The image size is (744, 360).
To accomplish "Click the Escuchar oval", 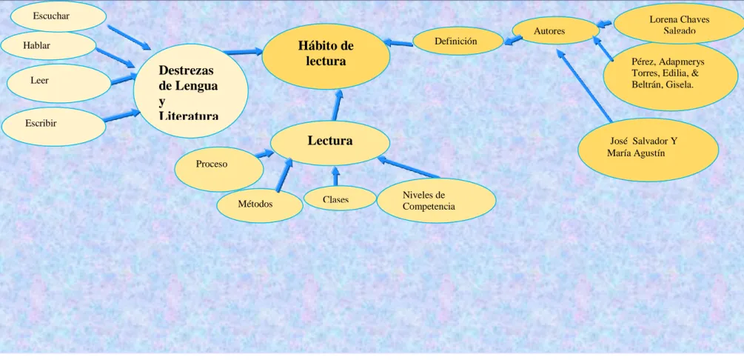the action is click(58, 16).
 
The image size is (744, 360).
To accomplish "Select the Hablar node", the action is click(48, 46).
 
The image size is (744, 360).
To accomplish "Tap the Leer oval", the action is click(56, 83).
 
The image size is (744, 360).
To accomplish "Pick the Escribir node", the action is click(53, 127).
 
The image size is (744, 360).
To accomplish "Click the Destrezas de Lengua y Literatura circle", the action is click(191, 90).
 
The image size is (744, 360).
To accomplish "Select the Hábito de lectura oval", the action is click(326, 56).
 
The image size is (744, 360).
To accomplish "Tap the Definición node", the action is click(458, 41).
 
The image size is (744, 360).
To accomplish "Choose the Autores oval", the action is click(556, 30).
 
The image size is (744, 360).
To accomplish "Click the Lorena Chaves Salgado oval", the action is click(679, 23).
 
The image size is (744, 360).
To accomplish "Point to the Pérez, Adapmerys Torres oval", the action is click(671, 77).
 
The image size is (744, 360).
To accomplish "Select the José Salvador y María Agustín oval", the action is click(649, 150).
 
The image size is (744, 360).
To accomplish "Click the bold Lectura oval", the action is click(330, 143).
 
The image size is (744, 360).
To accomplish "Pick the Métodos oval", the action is click(260, 205).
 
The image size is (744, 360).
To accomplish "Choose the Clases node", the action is click(340, 198).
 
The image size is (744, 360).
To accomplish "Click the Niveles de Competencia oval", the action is click(437, 201).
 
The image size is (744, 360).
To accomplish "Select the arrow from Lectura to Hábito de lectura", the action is click(338, 105).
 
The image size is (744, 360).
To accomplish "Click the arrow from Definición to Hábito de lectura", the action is click(398, 43).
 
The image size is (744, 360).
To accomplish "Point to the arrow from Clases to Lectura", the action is click(335, 176).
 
